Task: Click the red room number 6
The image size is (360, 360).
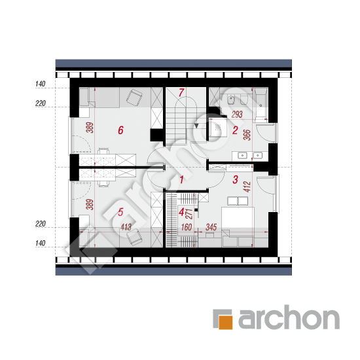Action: pos(121,130)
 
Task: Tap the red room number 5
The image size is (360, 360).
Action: pos(120,212)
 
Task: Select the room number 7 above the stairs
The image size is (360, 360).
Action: pos(181,92)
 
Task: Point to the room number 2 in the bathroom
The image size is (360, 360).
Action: pos(235,130)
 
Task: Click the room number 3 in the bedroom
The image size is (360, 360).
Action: pos(235,179)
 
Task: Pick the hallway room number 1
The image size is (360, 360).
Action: pos(181,180)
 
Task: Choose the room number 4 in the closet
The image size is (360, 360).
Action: pos(181,212)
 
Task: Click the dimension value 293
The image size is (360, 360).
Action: pos(237,115)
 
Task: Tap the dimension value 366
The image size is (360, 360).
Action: pos(247,135)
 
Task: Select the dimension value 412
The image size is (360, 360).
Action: pos(247,187)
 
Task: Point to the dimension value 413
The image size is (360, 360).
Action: pos(126,227)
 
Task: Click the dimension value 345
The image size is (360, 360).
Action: pos(211,227)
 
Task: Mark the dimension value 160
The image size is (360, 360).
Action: pos(187,227)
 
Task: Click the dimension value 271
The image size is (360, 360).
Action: pos(189,214)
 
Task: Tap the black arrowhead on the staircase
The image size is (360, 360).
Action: pos(196,126)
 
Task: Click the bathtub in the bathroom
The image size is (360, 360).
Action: pos(261,105)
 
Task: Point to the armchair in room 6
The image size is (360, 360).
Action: pos(134,98)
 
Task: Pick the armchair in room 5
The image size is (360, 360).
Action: pos(134,237)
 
